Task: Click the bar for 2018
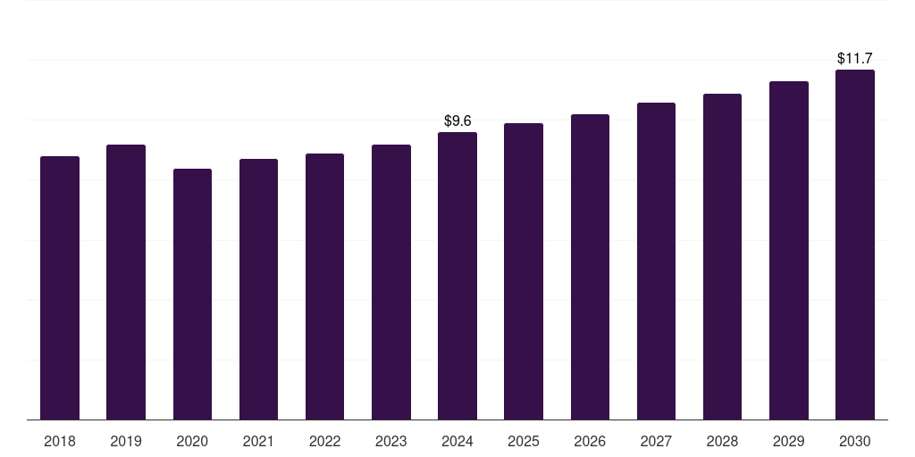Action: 60,287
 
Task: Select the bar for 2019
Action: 126,282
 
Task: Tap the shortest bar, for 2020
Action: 192,294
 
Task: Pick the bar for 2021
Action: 258,289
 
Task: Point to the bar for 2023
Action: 391,282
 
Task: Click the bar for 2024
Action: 457,276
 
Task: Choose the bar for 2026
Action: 590,267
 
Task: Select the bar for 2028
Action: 722,256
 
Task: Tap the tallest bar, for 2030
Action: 855,245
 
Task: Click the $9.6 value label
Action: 457,120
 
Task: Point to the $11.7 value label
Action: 855,58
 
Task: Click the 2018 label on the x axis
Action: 60,441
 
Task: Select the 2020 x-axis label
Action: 192,441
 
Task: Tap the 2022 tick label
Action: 324,441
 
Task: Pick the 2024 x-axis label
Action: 457,441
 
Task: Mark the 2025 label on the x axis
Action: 524,441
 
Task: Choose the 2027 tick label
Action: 656,441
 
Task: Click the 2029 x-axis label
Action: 788,441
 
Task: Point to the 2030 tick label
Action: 855,441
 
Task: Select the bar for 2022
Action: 324,287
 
